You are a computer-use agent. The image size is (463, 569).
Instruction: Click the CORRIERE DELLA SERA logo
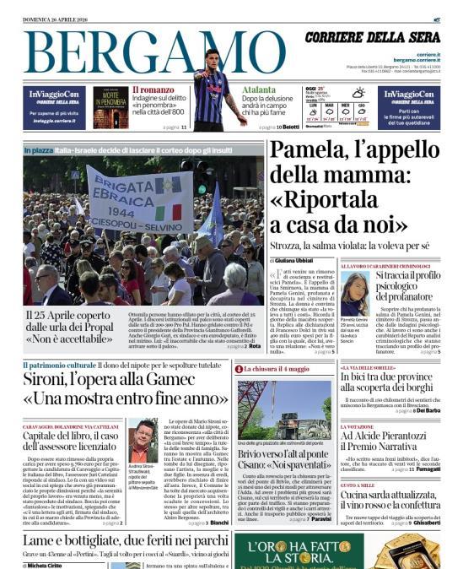[x=372, y=38]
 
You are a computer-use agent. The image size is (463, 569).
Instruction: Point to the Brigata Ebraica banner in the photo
[x=140, y=201]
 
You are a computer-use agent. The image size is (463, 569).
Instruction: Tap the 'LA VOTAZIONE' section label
[x=357, y=427]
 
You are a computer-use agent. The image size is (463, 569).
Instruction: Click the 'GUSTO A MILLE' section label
[x=358, y=486]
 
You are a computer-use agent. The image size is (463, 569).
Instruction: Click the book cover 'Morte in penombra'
[x=110, y=107]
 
